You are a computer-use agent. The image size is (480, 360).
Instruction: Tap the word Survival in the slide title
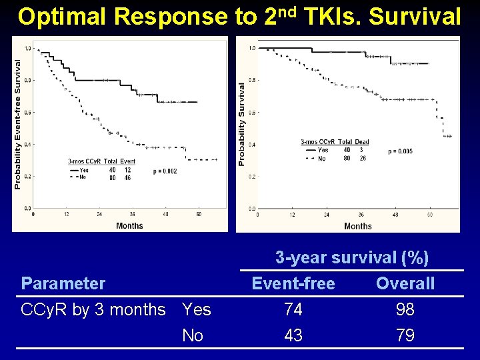click(415, 17)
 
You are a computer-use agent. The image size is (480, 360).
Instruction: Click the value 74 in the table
click(293, 310)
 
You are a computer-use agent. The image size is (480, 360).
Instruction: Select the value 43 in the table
click(293, 335)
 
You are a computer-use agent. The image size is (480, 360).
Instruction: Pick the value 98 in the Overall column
click(405, 310)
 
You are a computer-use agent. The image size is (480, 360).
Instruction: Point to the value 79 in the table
click(405, 335)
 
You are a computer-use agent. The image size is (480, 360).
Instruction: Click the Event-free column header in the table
click(293, 284)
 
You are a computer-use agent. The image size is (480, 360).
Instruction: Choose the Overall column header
click(405, 284)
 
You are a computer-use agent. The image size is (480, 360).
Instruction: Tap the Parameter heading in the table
click(63, 284)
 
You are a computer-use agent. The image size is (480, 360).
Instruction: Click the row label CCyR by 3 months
click(93, 310)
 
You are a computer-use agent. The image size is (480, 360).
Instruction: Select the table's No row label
click(193, 335)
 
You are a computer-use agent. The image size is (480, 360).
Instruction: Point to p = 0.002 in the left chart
click(165, 171)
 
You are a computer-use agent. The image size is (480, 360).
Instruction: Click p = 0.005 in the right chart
click(400, 151)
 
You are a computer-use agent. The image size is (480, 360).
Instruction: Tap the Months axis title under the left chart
click(129, 225)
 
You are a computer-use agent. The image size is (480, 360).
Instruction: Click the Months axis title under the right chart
click(358, 226)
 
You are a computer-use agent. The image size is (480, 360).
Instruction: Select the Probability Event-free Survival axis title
click(17, 123)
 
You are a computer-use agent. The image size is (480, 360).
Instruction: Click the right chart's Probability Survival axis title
click(242, 124)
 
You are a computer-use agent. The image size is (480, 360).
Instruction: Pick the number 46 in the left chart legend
click(127, 178)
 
